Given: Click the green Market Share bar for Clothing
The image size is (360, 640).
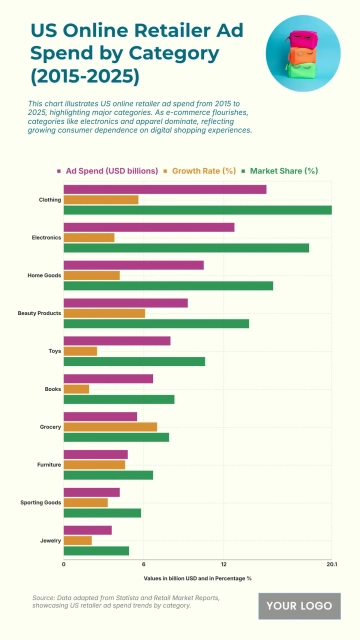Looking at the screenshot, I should [x=197, y=210].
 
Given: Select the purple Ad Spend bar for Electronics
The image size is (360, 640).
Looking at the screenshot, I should [x=148, y=227].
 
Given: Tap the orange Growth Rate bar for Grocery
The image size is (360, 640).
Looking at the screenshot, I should [x=110, y=427].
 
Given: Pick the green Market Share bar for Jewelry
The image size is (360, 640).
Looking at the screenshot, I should [x=96, y=550].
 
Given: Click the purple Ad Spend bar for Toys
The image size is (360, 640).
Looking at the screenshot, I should [x=116, y=341].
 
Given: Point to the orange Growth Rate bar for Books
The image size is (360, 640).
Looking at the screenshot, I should [x=76, y=389].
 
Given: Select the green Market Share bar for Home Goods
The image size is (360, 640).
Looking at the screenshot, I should [x=168, y=286].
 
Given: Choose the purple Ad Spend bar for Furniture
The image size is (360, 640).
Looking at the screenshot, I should [x=95, y=454].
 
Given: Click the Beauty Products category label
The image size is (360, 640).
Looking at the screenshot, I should [x=39, y=313].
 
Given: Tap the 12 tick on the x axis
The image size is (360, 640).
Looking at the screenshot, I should [x=223, y=565].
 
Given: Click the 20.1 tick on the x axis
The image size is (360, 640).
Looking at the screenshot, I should [x=331, y=565].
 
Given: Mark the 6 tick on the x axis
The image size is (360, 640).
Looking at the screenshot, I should [x=143, y=565].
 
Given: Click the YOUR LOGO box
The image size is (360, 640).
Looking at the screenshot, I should [x=299, y=606].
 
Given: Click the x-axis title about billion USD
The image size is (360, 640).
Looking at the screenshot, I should [x=197, y=578].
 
